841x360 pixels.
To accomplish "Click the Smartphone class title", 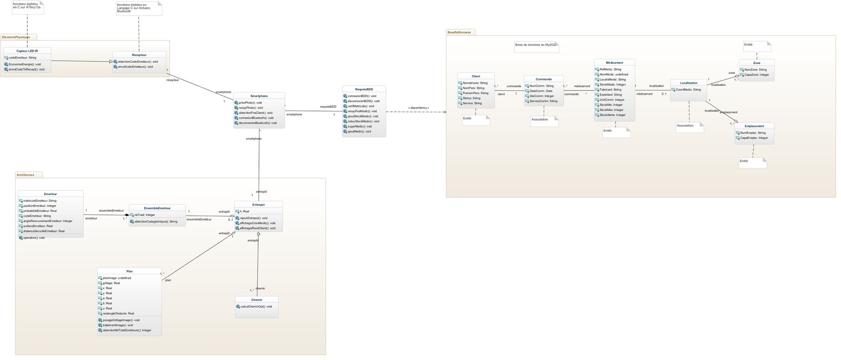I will (x=259, y=96).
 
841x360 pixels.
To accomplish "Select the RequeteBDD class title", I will (x=364, y=89).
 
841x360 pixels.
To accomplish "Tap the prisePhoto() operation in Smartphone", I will (x=250, y=103).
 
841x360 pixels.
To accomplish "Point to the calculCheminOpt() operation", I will (x=256, y=307).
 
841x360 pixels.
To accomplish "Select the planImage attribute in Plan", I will (x=116, y=278).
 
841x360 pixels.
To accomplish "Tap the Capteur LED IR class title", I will (x=27, y=51).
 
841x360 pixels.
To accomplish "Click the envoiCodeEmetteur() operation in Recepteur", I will (x=135, y=66).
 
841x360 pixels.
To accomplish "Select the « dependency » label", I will (x=418, y=108).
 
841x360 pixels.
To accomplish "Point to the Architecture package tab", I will (x=25, y=175).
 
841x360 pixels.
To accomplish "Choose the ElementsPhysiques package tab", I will (x=16, y=37).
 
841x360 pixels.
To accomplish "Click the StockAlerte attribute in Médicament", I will (x=612, y=115).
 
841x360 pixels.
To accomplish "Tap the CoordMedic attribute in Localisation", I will (x=688, y=90).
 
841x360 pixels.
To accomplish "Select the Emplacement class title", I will (x=754, y=126).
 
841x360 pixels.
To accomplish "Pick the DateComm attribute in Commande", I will (x=541, y=91).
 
